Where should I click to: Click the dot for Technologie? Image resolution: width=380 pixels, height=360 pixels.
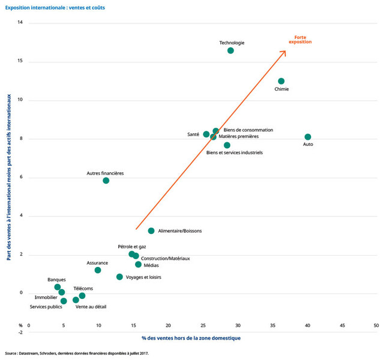[231, 50]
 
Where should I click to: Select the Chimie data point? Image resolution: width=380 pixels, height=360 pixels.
[281, 81]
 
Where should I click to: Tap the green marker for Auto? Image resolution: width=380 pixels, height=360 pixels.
[308, 137]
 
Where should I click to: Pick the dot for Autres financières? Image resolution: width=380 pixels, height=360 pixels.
[106, 181]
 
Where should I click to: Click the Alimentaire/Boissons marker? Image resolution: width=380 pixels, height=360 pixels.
[151, 231]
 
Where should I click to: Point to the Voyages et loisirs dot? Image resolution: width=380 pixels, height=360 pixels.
[119, 277]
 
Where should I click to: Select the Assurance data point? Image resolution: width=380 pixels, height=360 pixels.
[98, 270]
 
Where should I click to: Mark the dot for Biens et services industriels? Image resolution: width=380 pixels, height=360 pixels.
[227, 145]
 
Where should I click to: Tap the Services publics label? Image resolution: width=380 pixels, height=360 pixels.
[46, 307]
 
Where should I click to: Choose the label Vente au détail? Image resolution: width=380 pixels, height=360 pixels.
[91, 307]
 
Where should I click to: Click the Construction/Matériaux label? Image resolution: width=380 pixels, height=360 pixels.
[166, 259]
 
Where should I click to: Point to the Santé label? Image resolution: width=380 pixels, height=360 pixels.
[193, 134]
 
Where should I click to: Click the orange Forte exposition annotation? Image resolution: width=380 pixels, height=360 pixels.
[300, 40]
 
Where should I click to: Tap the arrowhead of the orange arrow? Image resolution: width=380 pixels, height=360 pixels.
[284, 53]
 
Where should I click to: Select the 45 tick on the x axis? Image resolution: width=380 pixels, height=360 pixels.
[342, 326]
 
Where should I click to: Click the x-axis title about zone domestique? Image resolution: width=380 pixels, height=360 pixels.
[191, 338]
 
